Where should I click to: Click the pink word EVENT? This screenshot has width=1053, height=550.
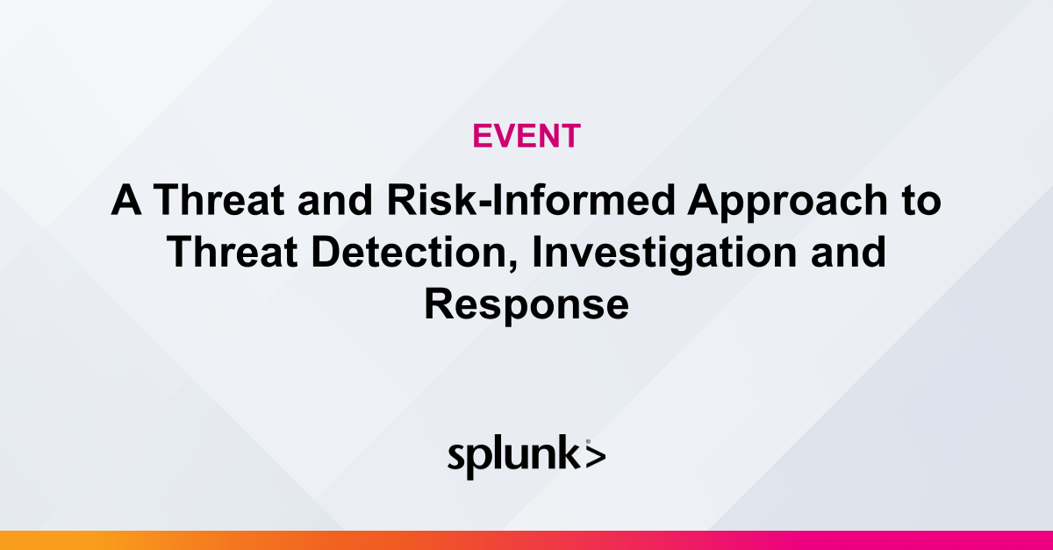click(526, 135)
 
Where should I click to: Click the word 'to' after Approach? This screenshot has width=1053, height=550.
click(921, 202)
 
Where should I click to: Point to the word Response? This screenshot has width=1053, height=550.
click(526, 305)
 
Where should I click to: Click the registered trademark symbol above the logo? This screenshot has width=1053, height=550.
click(587, 442)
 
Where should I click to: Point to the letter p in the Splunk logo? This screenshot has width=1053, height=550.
click(480, 461)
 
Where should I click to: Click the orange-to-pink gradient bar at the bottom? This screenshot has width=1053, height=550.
click(526, 540)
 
